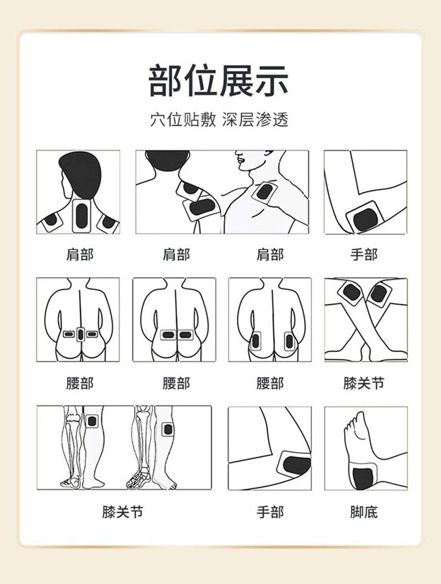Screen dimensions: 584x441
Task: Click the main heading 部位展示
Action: [219, 80]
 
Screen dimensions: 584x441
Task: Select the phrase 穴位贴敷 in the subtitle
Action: [183, 120]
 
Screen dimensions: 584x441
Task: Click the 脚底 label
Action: [364, 512]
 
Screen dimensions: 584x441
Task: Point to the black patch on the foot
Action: [363, 479]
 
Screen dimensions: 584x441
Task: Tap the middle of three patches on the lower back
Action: [82, 334]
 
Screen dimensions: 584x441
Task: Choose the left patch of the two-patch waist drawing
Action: [168, 335]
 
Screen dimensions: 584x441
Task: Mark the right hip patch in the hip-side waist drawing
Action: [289, 340]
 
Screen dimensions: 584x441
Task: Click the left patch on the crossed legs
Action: [351, 292]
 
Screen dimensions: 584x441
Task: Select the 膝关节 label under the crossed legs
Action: [364, 383]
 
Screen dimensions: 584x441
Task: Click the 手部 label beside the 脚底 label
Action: [270, 512]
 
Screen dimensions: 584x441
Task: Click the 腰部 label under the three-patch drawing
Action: [80, 383]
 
